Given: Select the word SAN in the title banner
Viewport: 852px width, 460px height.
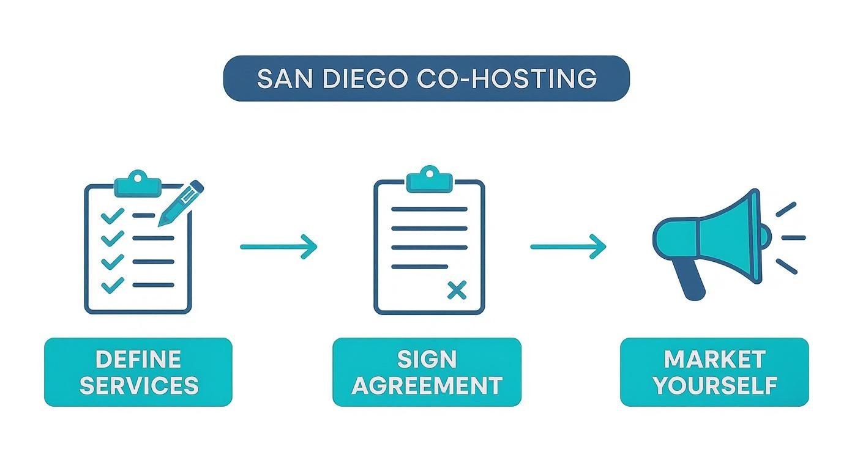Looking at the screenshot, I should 281,79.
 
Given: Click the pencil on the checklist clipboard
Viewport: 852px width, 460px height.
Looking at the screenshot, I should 181,202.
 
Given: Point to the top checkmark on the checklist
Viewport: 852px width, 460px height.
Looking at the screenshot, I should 112,215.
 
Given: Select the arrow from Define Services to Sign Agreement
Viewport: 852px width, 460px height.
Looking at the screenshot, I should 278,247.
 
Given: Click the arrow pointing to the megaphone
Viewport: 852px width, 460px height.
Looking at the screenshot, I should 568,247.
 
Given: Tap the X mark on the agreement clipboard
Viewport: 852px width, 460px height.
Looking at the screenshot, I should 457,291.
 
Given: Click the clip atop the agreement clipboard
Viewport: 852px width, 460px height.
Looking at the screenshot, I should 429,179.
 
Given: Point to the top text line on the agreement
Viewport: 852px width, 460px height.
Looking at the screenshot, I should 429,209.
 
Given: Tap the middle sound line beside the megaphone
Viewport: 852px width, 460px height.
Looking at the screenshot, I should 794,238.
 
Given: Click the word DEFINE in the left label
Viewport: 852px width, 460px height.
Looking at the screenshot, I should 138,359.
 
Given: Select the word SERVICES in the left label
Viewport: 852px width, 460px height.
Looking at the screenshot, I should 138,385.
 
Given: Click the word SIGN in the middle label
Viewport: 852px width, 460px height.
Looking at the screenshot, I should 427,359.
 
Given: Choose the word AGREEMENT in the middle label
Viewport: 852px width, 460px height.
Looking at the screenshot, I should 427,385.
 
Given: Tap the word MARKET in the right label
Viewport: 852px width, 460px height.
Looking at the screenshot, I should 714,359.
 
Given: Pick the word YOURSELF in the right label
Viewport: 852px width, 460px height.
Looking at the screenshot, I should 714,385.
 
